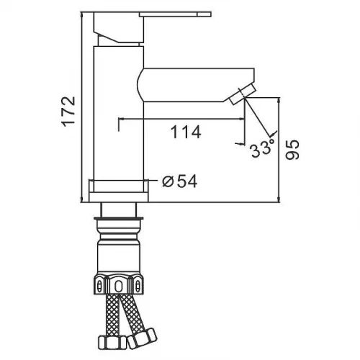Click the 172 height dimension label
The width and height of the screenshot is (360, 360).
[x=69, y=112]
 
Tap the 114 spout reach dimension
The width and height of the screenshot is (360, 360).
[x=186, y=132]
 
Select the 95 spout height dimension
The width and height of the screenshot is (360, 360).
[x=292, y=150]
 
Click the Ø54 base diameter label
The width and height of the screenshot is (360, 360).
[x=179, y=181]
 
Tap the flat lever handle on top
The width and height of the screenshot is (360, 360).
[x=175, y=14]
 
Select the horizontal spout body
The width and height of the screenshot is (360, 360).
[x=196, y=85]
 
